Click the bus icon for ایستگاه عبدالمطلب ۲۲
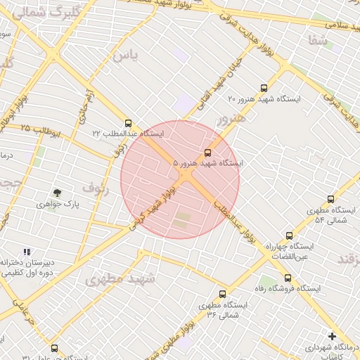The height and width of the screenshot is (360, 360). coord(127,122)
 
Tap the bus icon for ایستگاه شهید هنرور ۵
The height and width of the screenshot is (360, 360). coord(207,153)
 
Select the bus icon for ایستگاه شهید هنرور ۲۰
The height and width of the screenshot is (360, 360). coord(264,89)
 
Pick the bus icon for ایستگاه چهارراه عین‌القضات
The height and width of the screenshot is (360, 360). coord(289,236)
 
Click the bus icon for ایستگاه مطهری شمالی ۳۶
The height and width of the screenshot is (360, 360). coord(223,294)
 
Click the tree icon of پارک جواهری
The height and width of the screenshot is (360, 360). coord(57,193)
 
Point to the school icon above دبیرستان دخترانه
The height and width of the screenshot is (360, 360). coord(27,252)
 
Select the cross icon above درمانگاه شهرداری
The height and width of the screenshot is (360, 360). coord(332,336)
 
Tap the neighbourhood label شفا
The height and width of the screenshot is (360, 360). coord(318,41)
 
